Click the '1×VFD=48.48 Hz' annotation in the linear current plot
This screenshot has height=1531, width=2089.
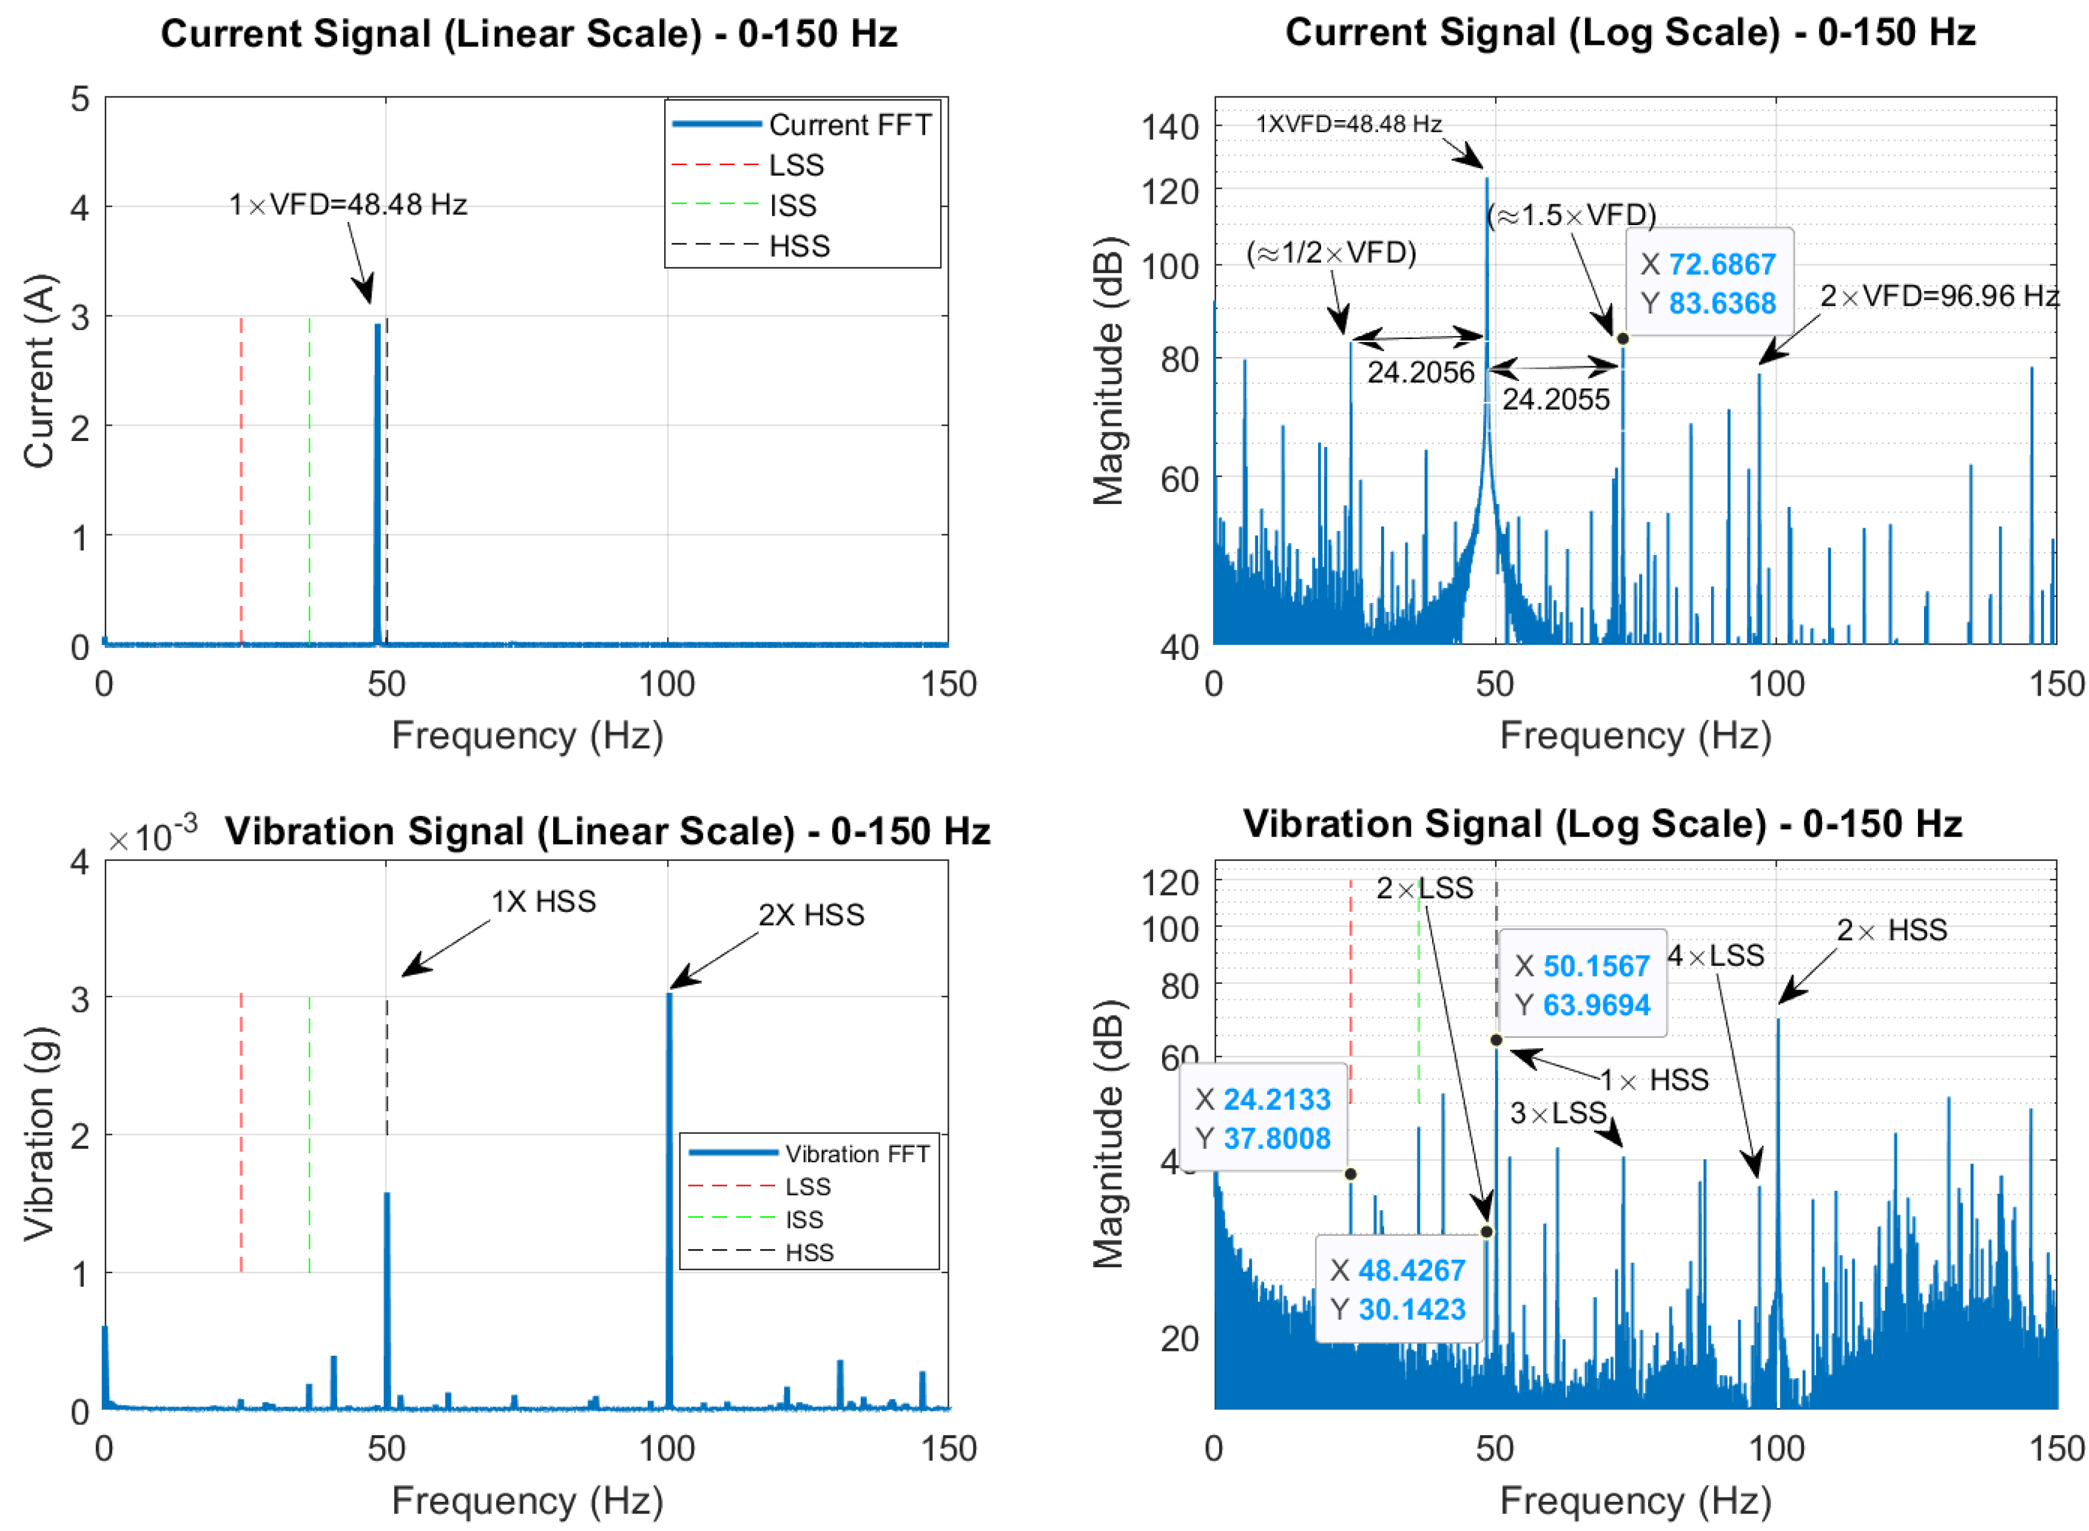348,204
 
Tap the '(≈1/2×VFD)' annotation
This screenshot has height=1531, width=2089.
1330,252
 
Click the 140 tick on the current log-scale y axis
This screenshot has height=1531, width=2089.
1169,127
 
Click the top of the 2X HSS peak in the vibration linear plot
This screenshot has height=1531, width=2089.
668,994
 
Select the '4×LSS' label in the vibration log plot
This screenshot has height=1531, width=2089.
1715,955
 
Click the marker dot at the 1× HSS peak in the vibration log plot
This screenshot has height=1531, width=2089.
1495,1040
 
